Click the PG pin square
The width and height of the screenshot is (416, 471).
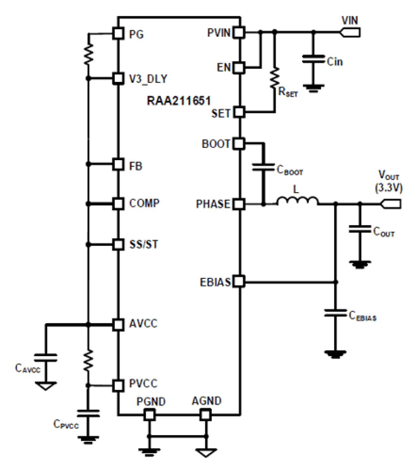click(x=118, y=33)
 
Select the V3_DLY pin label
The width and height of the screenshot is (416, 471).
click(x=148, y=79)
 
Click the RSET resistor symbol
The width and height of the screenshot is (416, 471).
click(x=274, y=79)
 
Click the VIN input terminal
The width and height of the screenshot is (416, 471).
click(x=350, y=32)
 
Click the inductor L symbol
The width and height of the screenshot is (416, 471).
click(x=297, y=201)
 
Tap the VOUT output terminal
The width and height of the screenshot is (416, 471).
click(x=391, y=204)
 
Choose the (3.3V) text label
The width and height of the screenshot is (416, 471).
click(x=389, y=188)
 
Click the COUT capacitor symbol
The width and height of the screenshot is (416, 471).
click(x=360, y=229)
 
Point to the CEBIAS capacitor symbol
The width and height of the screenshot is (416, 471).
click(x=335, y=313)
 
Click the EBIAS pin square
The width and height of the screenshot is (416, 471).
click(x=239, y=282)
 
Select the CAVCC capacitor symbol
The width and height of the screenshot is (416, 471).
click(x=46, y=358)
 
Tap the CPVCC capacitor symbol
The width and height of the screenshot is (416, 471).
click(x=88, y=413)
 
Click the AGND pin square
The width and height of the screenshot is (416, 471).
click(x=205, y=414)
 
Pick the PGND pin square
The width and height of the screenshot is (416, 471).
click(x=149, y=414)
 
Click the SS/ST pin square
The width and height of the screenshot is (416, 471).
click(x=118, y=245)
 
